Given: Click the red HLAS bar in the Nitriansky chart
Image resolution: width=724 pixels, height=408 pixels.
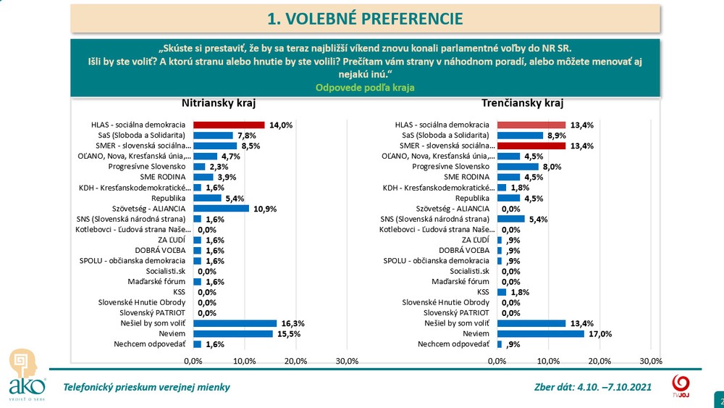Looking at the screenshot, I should (229, 125).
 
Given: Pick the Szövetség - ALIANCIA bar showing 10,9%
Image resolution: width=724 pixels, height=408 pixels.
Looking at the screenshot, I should (221, 209).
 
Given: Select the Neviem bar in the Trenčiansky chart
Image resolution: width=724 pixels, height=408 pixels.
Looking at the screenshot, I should (541, 333).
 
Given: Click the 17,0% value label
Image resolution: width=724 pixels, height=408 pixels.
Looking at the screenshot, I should (599, 334).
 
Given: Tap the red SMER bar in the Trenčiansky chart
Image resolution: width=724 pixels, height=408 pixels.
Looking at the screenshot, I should (531, 146).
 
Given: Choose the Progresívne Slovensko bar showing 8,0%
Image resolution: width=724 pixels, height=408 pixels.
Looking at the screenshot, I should (518, 167).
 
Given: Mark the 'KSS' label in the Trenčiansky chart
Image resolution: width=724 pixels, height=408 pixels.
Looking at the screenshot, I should (484, 292).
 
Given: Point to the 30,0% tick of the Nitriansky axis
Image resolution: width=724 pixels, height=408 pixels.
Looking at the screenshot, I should (348, 361).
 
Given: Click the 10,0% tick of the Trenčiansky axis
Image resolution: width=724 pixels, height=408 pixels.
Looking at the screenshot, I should (549, 361).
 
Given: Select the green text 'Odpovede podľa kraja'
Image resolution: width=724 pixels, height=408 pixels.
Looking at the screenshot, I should (365, 87).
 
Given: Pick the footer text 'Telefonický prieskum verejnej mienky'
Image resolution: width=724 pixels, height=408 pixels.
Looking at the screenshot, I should (147, 387).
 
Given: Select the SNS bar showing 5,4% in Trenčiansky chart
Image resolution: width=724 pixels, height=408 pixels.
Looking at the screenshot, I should (511, 219).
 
